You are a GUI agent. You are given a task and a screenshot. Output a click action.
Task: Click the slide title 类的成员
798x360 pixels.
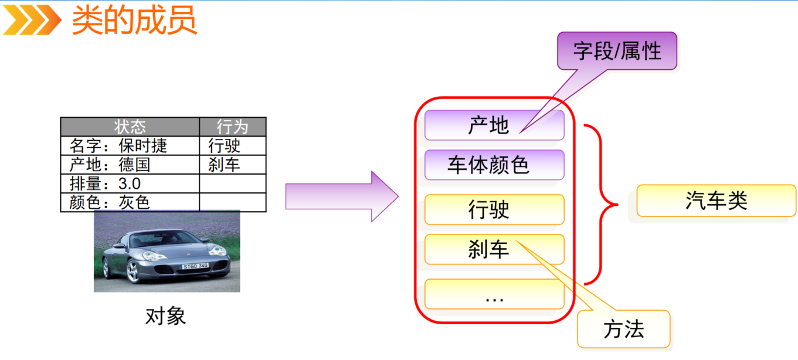click(134, 21)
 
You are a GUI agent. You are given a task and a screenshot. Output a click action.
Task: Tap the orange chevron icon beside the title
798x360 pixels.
click(32, 21)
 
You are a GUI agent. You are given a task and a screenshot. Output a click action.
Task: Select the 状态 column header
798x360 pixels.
click(130, 127)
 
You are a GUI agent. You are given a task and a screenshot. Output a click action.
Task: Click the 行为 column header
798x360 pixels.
click(232, 127)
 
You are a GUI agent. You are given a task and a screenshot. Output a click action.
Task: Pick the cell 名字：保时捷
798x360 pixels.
click(118, 145)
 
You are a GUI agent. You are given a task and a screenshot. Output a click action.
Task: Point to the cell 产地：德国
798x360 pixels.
click(110, 164)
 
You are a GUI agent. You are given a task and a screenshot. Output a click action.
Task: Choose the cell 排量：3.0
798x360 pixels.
click(105, 183)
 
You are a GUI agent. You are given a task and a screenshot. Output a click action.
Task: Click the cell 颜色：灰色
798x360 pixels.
click(110, 202)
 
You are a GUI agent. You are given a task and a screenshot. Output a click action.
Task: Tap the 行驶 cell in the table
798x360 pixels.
click(225, 145)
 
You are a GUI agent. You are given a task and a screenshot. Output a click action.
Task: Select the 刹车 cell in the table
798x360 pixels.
click(225, 164)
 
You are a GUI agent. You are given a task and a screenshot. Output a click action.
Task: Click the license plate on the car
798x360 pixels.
click(195, 266)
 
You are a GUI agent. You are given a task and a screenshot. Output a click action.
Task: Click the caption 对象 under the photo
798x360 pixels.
click(165, 317)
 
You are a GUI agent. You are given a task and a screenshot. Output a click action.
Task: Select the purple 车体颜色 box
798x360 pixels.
click(494, 165)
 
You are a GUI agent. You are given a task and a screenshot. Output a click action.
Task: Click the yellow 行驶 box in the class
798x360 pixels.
click(494, 209)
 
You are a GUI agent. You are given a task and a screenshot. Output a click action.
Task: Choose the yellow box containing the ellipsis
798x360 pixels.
click(494, 294)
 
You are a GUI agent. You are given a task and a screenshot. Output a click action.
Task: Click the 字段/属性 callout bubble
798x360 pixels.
click(617, 52)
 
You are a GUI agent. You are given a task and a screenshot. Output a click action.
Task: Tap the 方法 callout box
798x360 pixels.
click(623, 330)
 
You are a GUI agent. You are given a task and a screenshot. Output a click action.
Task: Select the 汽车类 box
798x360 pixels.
click(716, 201)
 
